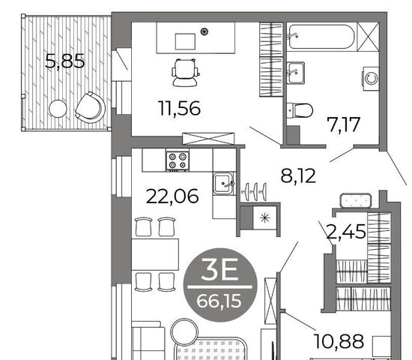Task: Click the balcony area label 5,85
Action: pyautogui.click(x=64, y=61)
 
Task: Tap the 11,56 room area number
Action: pyautogui.click(x=180, y=108)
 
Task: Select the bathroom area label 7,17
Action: pyautogui.click(x=343, y=124)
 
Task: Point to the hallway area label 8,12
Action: pyautogui.click(x=298, y=175)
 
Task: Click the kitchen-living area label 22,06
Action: pyautogui.click(x=172, y=196)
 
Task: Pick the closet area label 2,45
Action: pyautogui.click(x=346, y=231)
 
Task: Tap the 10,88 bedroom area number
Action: pyautogui.click(x=339, y=341)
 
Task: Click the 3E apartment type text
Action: pyautogui.click(x=219, y=269)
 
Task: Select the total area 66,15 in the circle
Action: pyautogui.click(x=219, y=301)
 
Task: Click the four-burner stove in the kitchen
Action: pyautogui.click(x=178, y=160)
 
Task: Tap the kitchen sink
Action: pyautogui.click(x=222, y=183)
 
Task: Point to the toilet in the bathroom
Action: pyautogui.click(x=300, y=110)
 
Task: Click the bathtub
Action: pyautogui.click(x=321, y=37)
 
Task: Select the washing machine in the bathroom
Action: pyautogui.click(x=371, y=79)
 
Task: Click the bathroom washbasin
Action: pyautogui.click(x=296, y=73)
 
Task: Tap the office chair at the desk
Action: pyautogui.click(x=185, y=73)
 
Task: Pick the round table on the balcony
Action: pyautogui.click(x=58, y=109)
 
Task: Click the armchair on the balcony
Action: pyautogui.click(x=90, y=107)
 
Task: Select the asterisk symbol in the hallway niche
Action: pyautogui.click(x=264, y=218)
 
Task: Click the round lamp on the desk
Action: pyautogui.click(x=205, y=31)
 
